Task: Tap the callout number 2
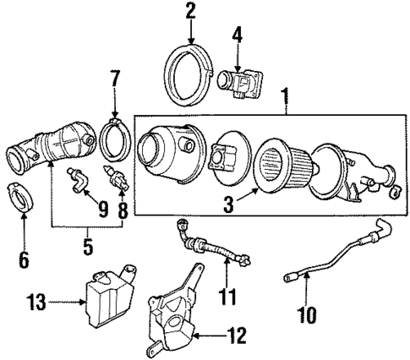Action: point(190,11)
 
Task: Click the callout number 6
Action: point(24,259)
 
